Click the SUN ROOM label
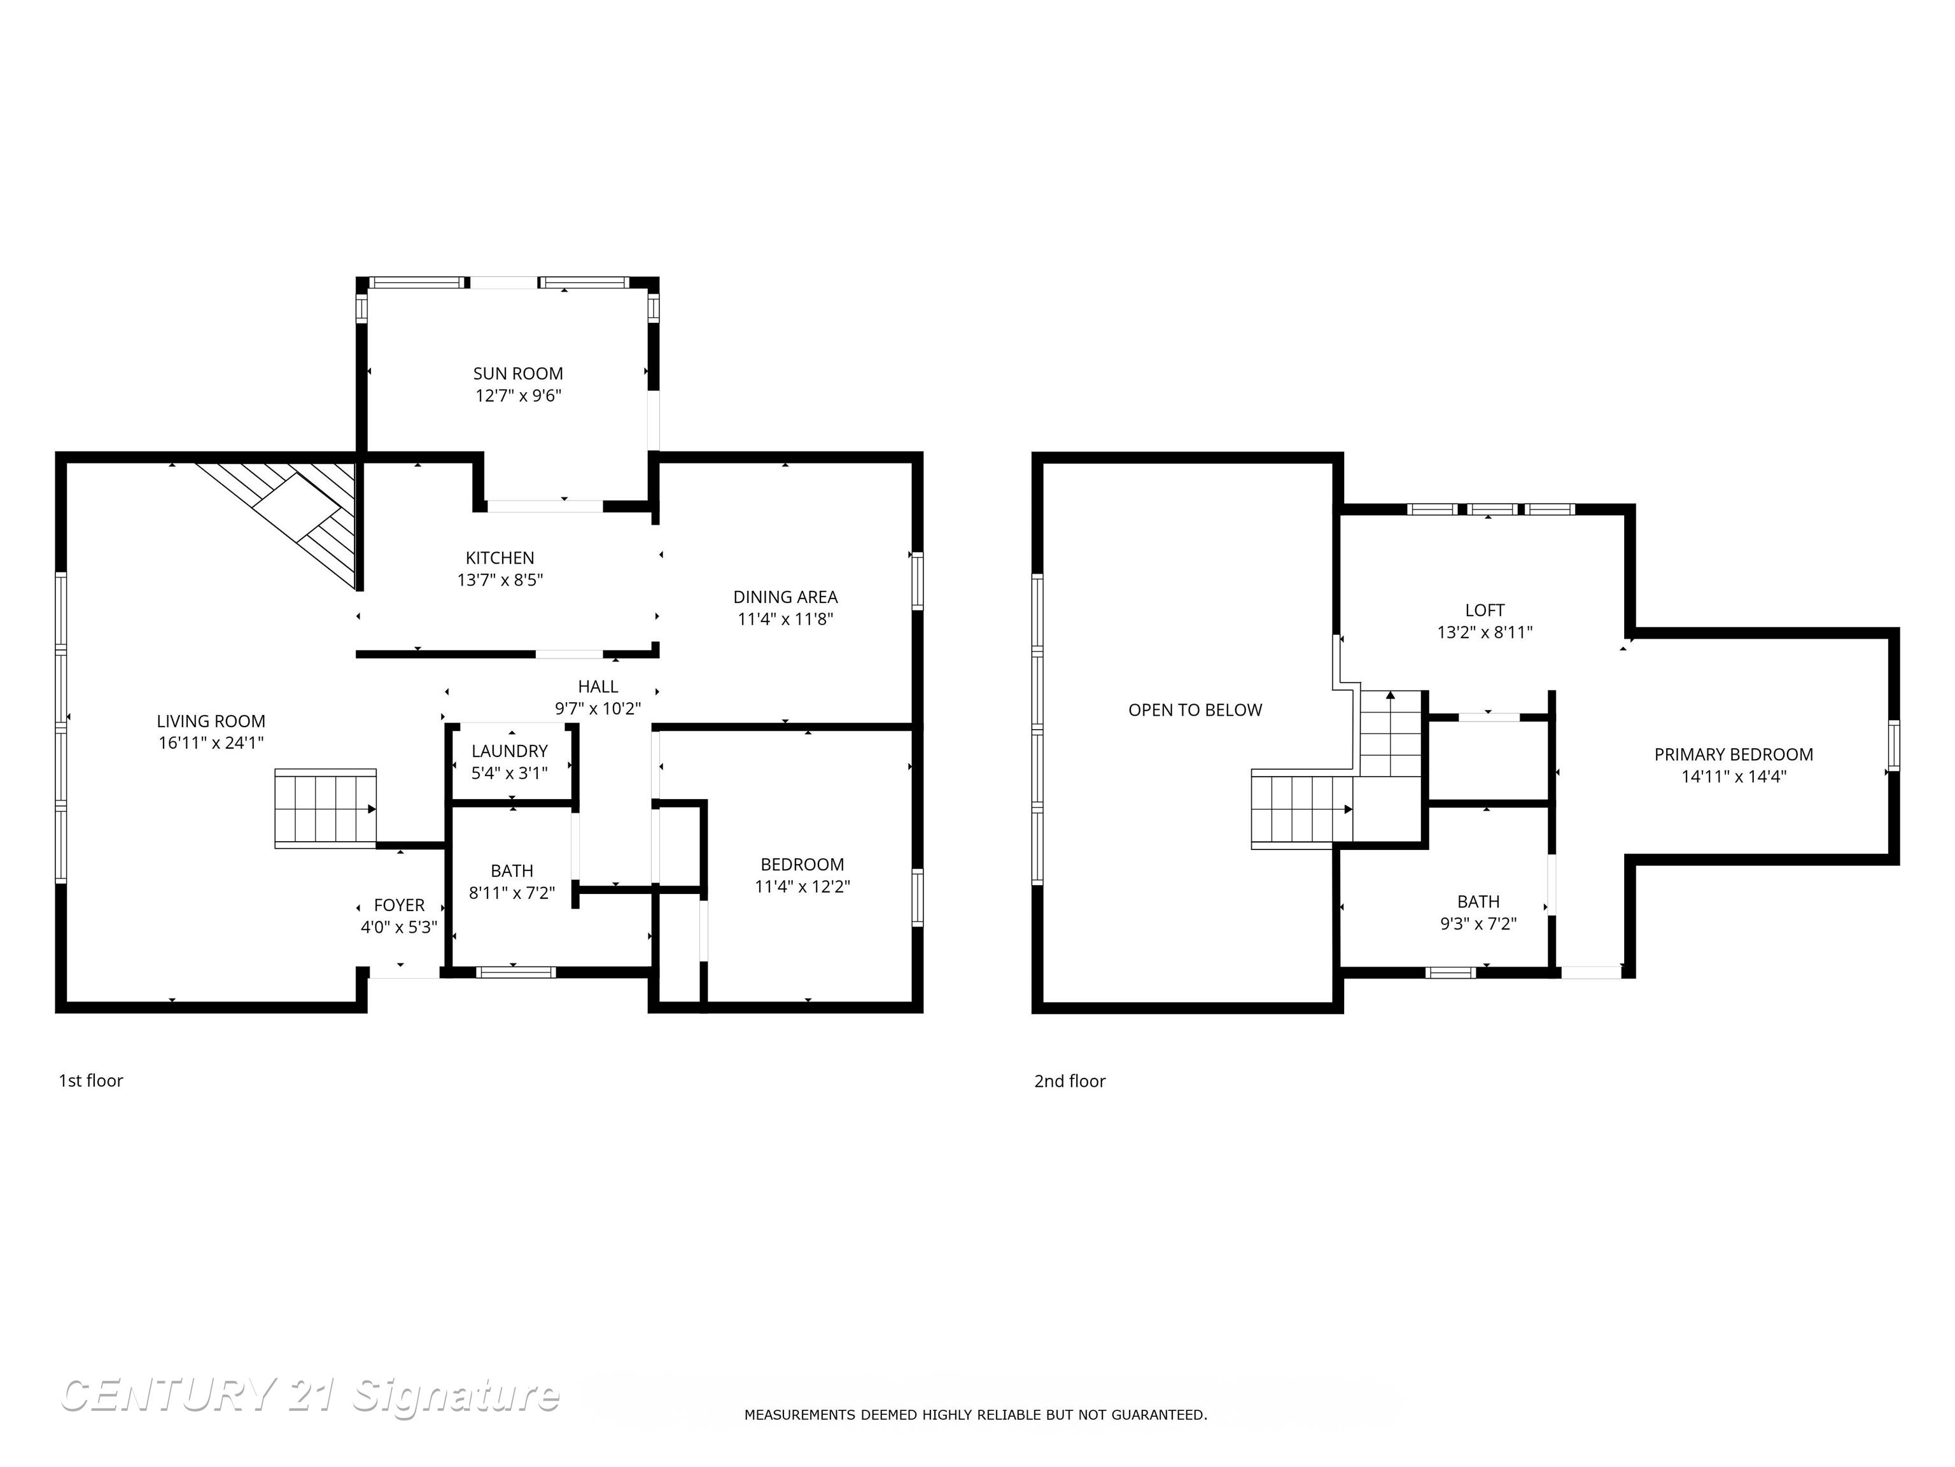pyautogui.click(x=518, y=374)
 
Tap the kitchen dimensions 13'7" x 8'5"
pyautogui.click(x=500, y=580)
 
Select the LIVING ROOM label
pyautogui.click(x=211, y=721)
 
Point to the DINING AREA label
pyautogui.click(x=786, y=597)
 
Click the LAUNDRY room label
pyautogui.click(x=510, y=751)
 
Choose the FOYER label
pyautogui.click(x=400, y=905)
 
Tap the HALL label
pyautogui.click(x=598, y=686)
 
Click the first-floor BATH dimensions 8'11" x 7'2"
pyautogui.click(x=512, y=893)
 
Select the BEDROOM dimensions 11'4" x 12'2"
pyautogui.click(x=802, y=887)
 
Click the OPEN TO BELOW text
pyautogui.click(x=1196, y=710)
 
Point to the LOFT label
pyautogui.click(x=1485, y=610)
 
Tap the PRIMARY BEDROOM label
pyautogui.click(x=1734, y=755)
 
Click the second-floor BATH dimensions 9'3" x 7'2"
pyautogui.click(x=1478, y=924)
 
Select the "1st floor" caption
pyautogui.click(x=91, y=1081)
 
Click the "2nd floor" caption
pyautogui.click(x=1070, y=1081)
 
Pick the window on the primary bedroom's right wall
pyautogui.click(x=1894, y=746)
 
